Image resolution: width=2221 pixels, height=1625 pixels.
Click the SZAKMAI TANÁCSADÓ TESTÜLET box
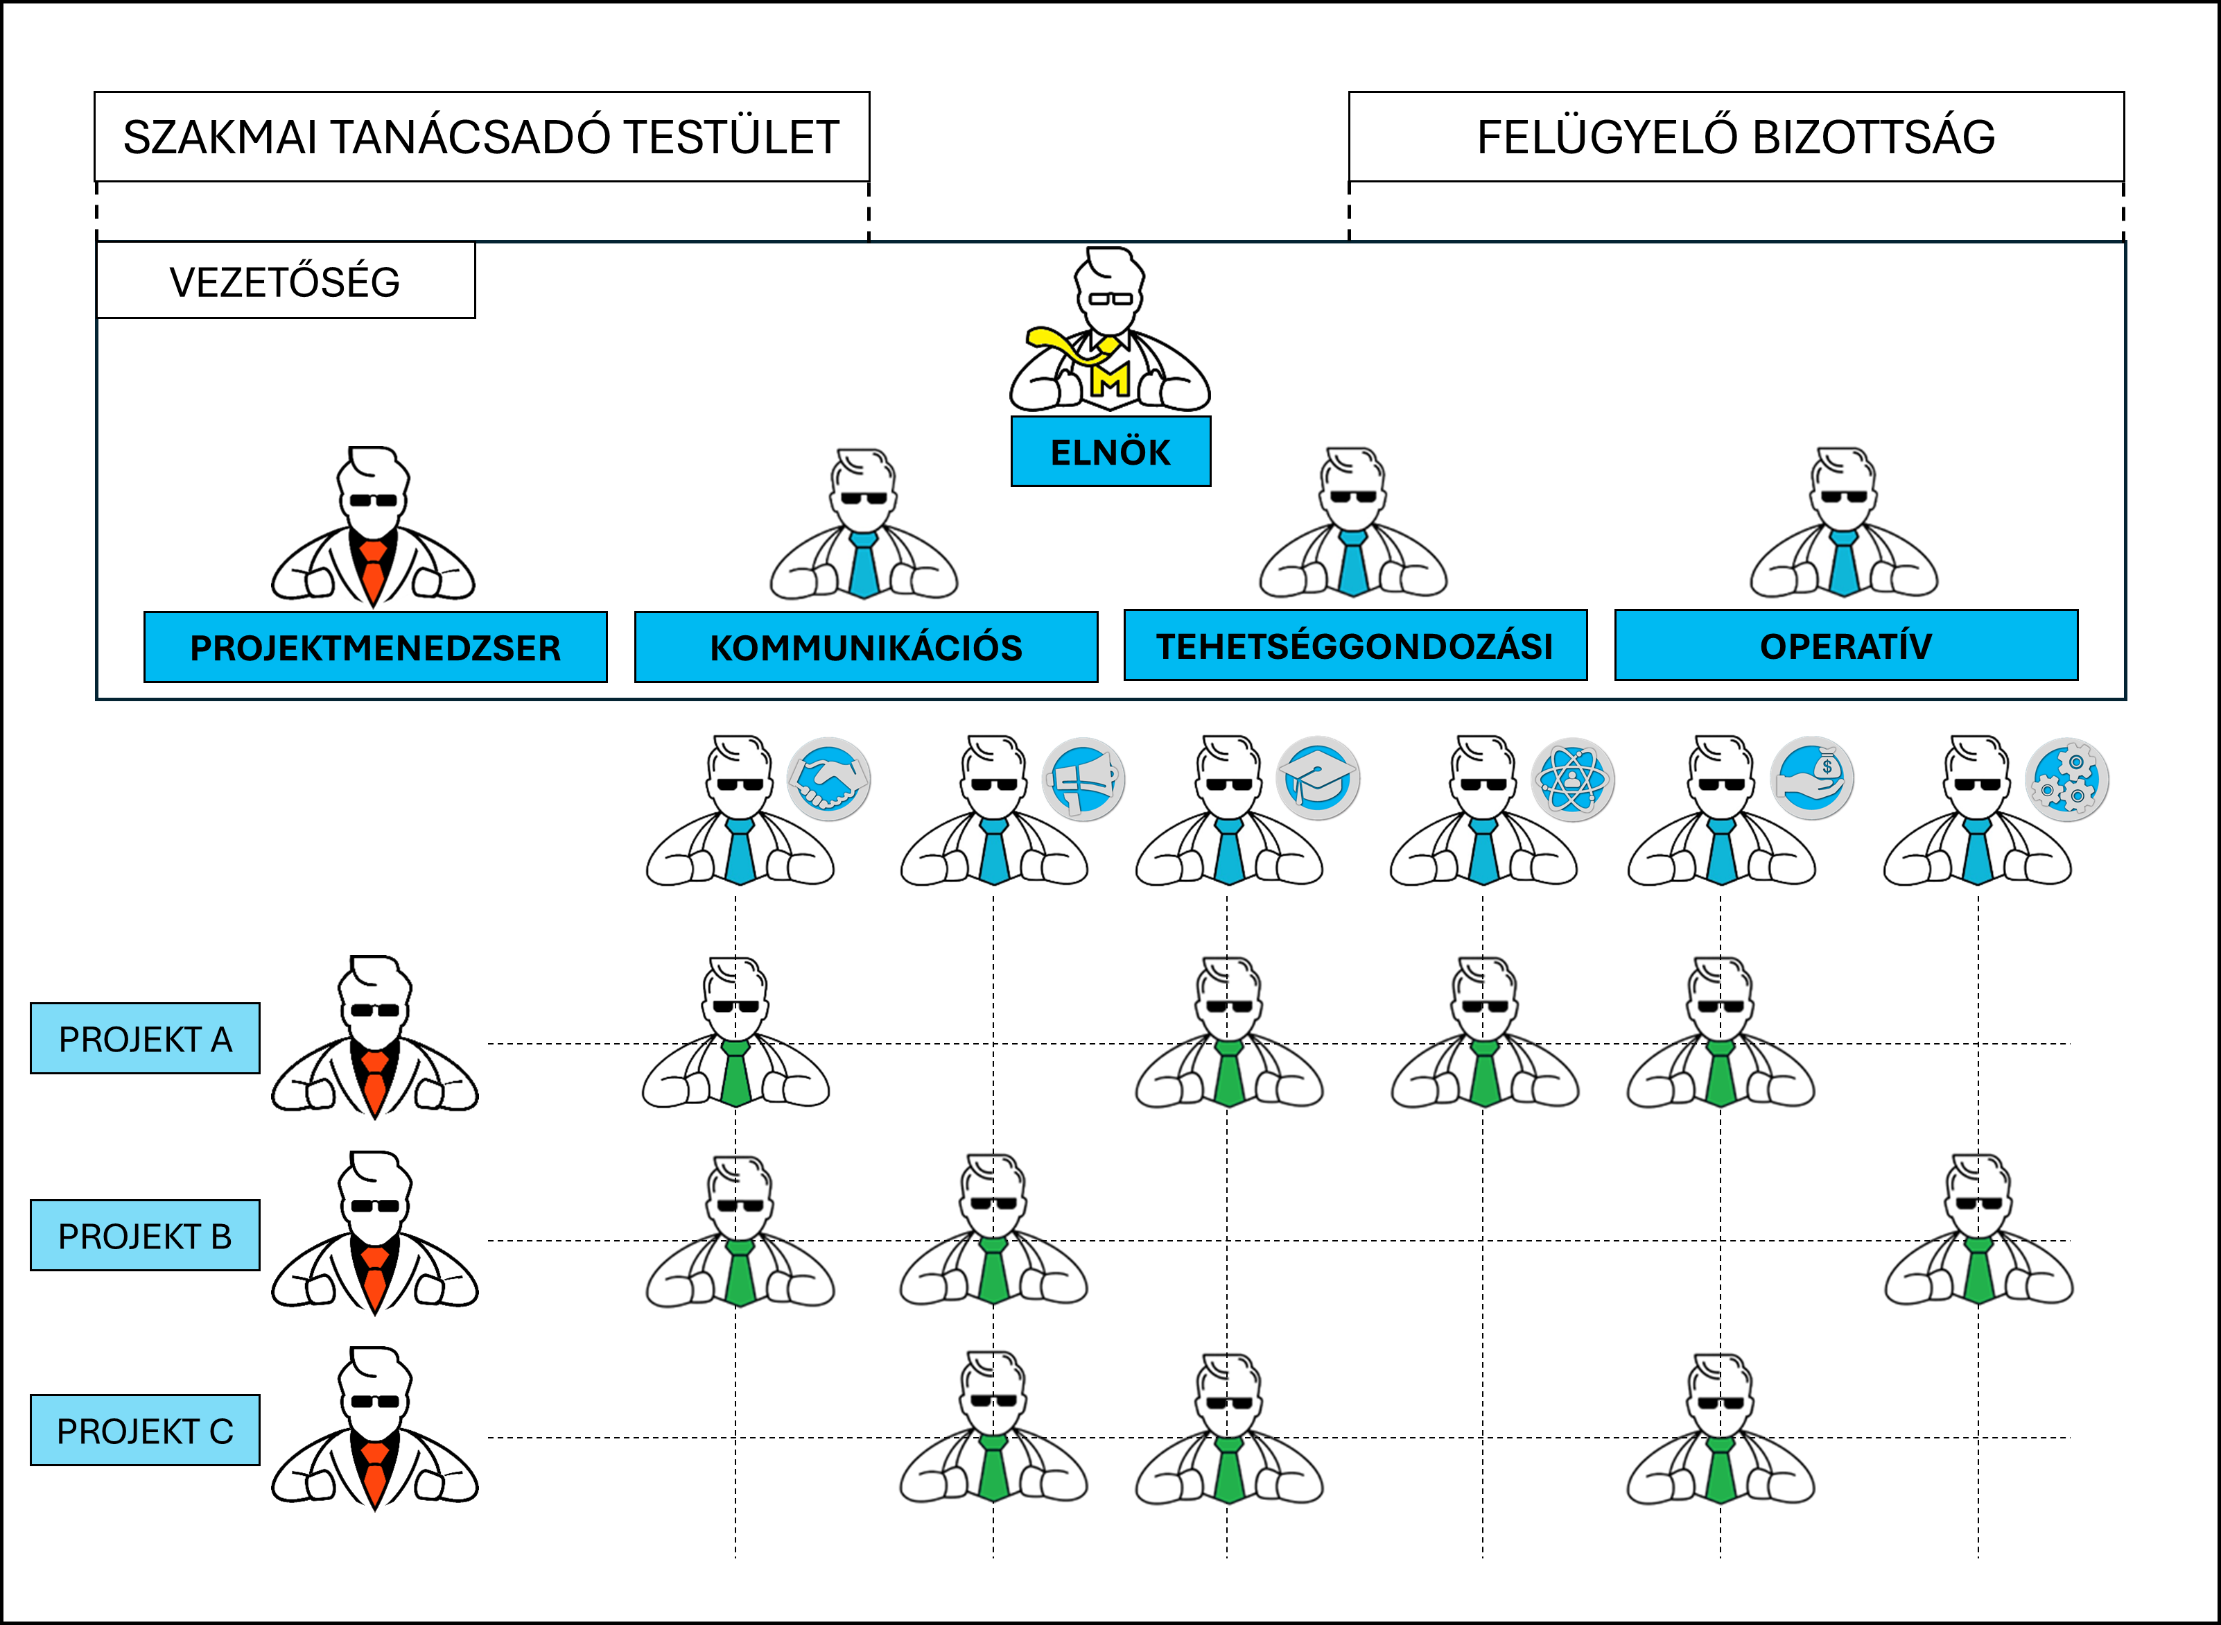482,137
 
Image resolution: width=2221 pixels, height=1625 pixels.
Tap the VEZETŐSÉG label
285,282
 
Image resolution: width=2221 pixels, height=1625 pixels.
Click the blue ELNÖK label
1110,452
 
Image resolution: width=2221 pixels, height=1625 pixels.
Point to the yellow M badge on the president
1111,378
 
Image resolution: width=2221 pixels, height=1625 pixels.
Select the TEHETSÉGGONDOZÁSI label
1355,645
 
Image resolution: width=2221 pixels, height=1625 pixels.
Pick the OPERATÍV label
1845,645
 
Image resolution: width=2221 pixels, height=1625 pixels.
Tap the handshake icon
829,779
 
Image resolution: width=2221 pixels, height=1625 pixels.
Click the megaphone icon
1083,779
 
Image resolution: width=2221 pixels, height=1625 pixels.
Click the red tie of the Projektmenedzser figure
373,571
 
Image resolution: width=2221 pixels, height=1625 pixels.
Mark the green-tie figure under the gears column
1978,1235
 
